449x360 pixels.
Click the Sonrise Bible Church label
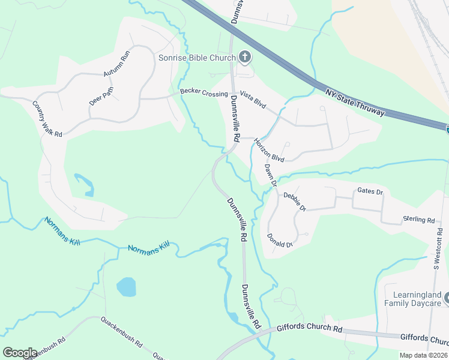point(196,58)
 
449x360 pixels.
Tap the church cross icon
point(244,58)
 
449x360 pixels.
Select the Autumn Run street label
point(116,63)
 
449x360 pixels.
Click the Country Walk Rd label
point(47,119)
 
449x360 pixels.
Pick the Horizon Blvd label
point(268,150)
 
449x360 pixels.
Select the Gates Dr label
point(370,191)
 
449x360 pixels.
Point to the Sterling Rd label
point(418,220)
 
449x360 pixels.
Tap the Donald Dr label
point(280,241)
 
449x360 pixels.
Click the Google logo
point(20,353)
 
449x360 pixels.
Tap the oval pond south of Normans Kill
point(127,287)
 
